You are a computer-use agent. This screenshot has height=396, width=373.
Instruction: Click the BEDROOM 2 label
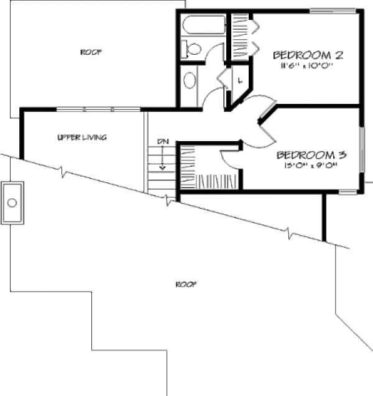(x=308, y=55)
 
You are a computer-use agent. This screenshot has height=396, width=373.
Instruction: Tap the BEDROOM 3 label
(x=311, y=154)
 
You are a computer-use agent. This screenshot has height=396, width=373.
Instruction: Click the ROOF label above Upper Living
(x=91, y=52)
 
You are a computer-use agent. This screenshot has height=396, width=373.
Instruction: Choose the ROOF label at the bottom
(x=185, y=284)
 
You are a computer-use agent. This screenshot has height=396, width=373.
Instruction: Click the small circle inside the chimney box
(x=12, y=202)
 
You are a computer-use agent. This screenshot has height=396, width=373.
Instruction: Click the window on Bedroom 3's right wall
(x=360, y=149)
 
